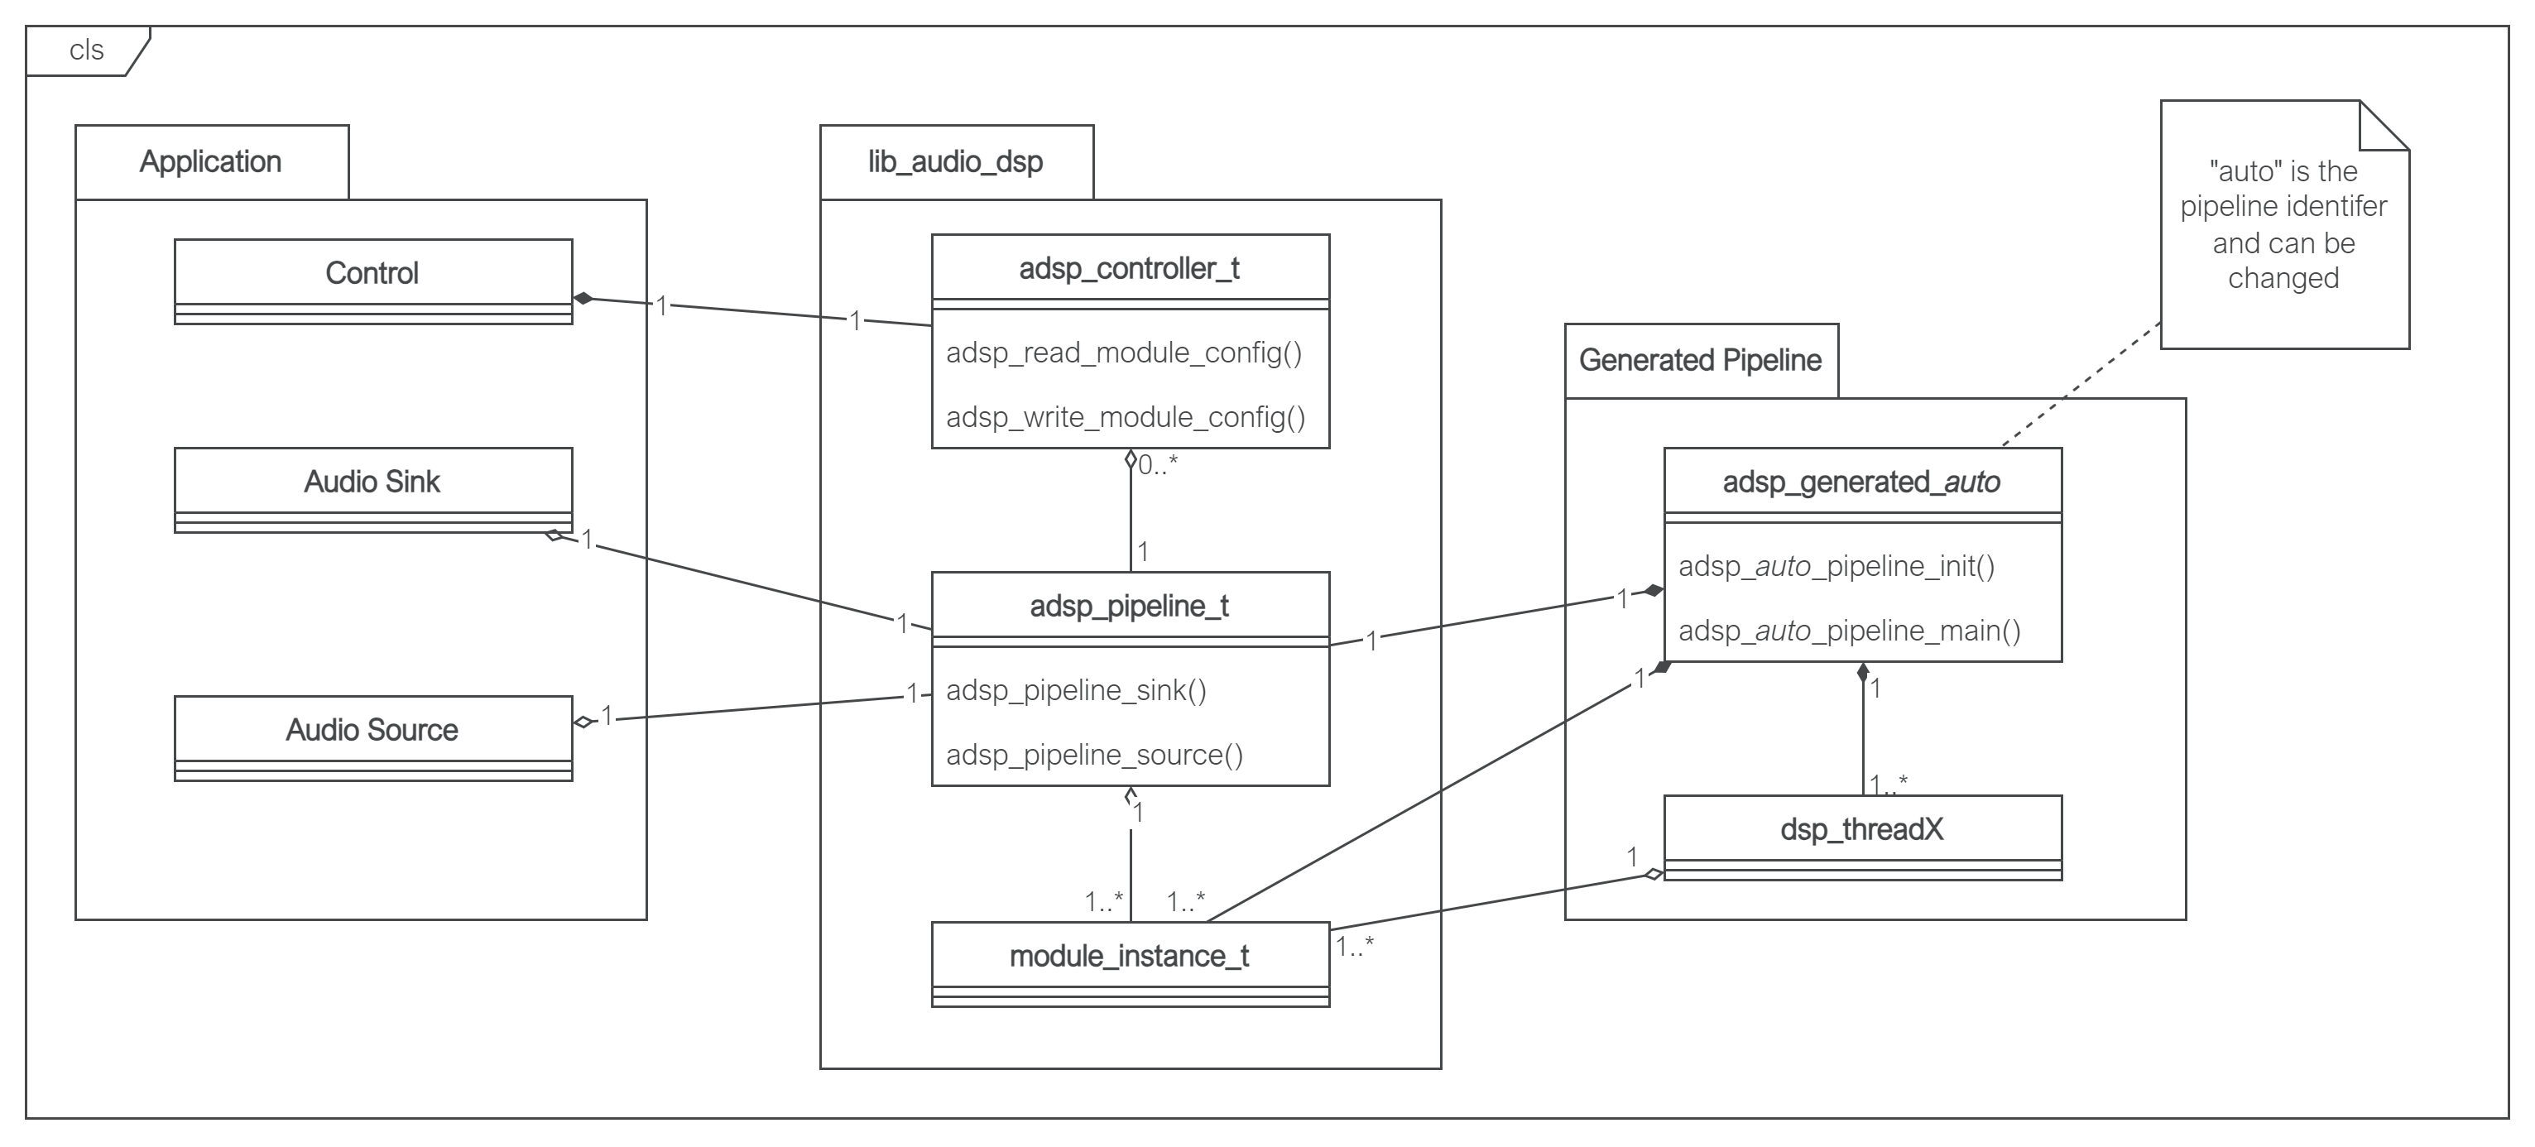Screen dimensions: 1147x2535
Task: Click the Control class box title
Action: tap(372, 272)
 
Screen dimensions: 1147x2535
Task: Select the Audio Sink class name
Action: tap(372, 481)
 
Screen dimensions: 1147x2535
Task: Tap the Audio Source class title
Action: tap(372, 729)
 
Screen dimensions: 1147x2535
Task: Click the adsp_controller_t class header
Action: tap(1129, 267)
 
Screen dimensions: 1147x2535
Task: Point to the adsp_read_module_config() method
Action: tap(1124, 353)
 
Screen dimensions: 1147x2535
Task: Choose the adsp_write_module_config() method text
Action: tap(1126, 417)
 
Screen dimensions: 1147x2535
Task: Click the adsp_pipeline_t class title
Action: tap(1129, 605)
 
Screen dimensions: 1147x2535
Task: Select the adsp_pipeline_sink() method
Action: tap(1076, 689)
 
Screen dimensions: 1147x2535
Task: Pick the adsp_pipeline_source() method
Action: tap(1094, 755)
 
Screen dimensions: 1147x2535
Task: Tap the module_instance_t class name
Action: tap(1129, 955)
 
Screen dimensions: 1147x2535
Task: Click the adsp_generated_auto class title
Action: tap(1860, 481)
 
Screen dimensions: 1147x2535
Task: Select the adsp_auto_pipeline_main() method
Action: tap(1849, 630)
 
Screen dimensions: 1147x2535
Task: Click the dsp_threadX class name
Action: tap(1860, 829)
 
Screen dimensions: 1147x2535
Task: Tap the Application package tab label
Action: tap(210, 161)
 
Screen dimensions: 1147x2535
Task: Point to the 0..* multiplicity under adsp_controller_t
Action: tap(1157, 465)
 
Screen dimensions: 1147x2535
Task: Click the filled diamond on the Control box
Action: tap(583, 298)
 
